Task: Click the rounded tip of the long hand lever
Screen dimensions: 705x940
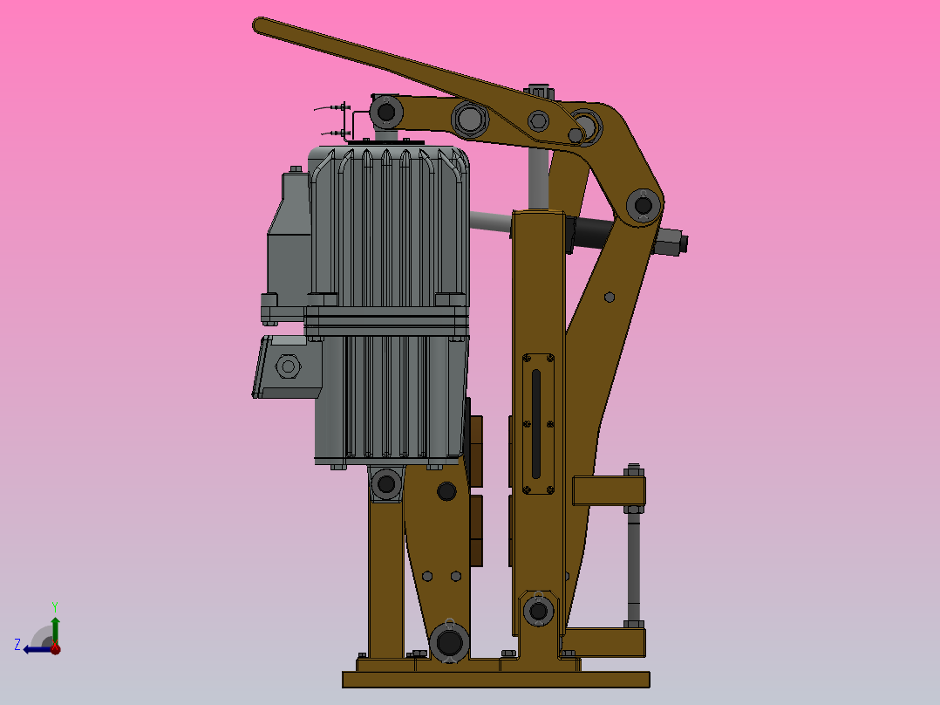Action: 261,24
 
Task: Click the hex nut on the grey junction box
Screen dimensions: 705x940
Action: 287,366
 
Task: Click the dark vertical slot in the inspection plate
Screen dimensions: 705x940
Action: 535,425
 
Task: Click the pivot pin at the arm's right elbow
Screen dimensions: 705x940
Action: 644,206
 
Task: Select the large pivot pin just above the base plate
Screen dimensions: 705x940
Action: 449,643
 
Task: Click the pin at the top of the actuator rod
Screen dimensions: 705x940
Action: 385,111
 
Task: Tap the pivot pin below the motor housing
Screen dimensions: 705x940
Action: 385,483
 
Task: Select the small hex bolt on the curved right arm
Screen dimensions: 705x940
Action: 609,297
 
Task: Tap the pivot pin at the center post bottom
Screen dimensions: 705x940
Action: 538,610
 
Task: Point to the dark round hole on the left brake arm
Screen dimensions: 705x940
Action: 446,491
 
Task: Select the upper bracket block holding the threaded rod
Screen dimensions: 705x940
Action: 608,490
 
